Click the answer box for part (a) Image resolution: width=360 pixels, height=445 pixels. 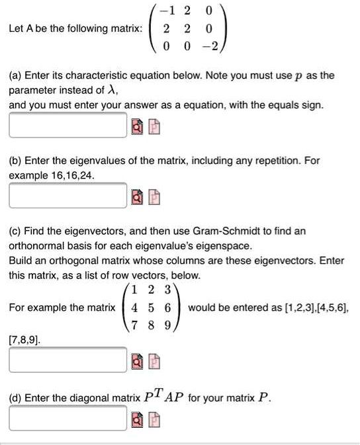(67, 124)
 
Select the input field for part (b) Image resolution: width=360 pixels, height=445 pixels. (67, 195)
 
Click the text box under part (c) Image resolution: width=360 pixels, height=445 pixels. (67, 360)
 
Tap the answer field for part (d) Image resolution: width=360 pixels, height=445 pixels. (67, 417)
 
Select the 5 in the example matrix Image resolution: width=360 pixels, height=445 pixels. (151, 308)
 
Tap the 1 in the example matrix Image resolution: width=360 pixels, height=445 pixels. (135, 291)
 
